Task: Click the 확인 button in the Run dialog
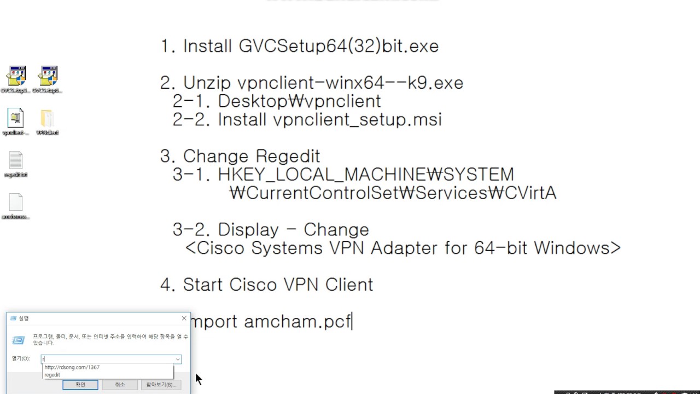click(80, 385)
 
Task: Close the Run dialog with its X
click(184, 318)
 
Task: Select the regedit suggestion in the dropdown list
click(52, 375)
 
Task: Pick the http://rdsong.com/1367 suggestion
click(72, 367)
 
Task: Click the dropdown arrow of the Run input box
click(178, 360)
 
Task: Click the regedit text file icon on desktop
click(16, 161)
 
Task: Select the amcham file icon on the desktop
click(16, 203)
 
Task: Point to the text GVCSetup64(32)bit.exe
click(339, 46)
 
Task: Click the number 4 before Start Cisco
click(166, 285)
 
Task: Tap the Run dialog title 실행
click(24, 318)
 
